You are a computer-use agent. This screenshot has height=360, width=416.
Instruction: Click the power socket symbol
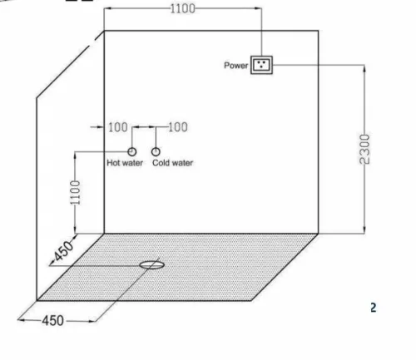point(261,65)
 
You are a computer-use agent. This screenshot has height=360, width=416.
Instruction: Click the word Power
point(235,66)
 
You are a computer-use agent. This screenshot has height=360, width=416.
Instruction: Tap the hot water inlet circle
point(132,151)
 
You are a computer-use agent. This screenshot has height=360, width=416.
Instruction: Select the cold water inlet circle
point(156,151)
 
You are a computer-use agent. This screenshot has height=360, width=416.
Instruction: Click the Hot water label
point(125,163)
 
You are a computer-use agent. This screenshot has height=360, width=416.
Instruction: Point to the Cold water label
point(172,163)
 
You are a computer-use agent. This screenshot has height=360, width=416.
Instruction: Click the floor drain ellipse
point(151,265)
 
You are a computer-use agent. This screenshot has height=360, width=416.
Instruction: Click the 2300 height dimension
point(364,149)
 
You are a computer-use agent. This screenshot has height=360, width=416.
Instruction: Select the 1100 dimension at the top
point(182,8)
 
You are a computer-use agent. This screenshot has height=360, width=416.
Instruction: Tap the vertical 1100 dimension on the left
point(75,192)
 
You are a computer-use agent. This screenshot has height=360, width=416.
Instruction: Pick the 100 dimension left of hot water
point(118,127)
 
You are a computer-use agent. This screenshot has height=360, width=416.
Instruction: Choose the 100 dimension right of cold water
point(178,127)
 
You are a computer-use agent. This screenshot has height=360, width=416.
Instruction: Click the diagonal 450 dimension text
point(63,251)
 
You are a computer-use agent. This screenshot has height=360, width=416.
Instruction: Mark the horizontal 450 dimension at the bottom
point(53,321)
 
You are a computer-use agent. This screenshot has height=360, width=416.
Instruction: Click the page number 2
point(374,308)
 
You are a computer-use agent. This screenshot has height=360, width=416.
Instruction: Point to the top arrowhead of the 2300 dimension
point(364,69)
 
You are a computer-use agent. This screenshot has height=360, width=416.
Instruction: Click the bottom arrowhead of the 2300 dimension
point(364,229)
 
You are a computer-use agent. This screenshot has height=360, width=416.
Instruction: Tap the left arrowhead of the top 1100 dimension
point(108,8)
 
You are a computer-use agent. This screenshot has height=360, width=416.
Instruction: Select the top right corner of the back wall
point(318,31)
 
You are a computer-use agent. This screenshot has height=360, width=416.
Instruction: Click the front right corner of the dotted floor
point(251,300)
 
